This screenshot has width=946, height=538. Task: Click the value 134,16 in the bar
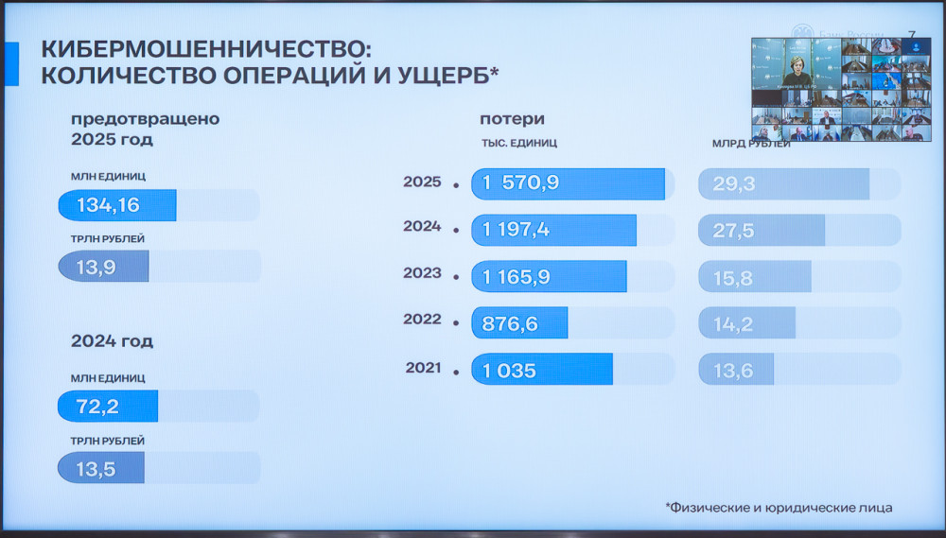[108, 205]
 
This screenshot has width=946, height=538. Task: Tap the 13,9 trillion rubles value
[96, 267]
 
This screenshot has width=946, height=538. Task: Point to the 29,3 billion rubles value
[734, 183]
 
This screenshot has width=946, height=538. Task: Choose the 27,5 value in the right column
[734, 230]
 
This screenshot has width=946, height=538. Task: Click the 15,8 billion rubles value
[734, 276]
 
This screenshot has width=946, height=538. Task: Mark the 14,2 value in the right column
[734, 323]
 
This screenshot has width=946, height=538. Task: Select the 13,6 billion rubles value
[734, 370]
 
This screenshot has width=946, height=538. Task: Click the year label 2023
[422, 273]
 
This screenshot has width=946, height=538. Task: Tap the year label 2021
[422, 367]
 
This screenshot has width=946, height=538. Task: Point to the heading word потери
[512, 119]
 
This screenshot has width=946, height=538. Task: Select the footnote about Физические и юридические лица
[779, 508]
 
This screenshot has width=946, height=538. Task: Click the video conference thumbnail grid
[841, 89]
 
